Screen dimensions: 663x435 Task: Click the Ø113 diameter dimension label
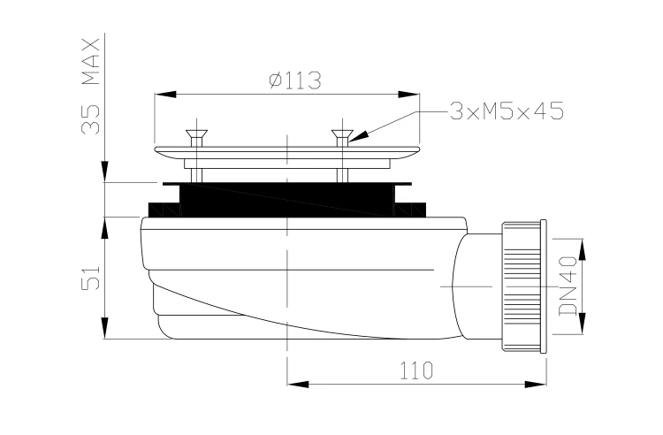(295, 80)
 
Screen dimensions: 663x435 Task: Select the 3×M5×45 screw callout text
(507, 111)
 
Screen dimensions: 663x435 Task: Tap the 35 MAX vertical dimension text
(90, 87)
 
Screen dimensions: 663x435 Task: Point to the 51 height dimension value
(90, 278)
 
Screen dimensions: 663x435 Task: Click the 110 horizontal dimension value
(416, 370)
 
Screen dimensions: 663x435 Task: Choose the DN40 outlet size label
(568, 286)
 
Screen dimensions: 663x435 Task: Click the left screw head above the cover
(196, 135)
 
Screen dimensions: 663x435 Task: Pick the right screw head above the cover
(342, 135)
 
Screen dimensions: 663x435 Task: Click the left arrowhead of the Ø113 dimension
(165, 95)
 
